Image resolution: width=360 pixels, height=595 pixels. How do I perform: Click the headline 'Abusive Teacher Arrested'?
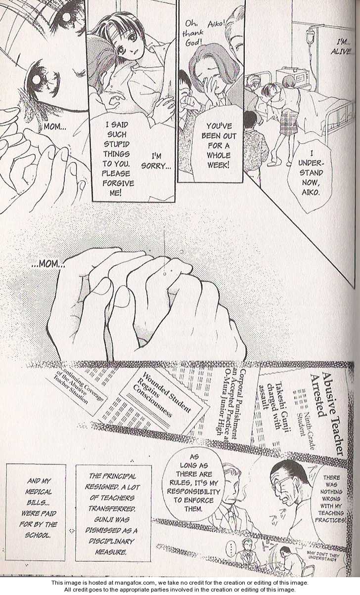click(327, 412)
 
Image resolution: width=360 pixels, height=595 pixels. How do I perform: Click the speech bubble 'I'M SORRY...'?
click(156, 161)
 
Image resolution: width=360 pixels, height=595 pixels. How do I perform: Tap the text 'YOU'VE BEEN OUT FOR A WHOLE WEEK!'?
click(219, 146)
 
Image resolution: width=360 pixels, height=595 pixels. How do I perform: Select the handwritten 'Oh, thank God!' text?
click(193, 33)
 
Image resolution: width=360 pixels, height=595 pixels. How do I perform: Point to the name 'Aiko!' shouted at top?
click(216, 24)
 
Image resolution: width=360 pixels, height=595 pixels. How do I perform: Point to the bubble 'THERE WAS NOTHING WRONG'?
click(331, 499)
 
